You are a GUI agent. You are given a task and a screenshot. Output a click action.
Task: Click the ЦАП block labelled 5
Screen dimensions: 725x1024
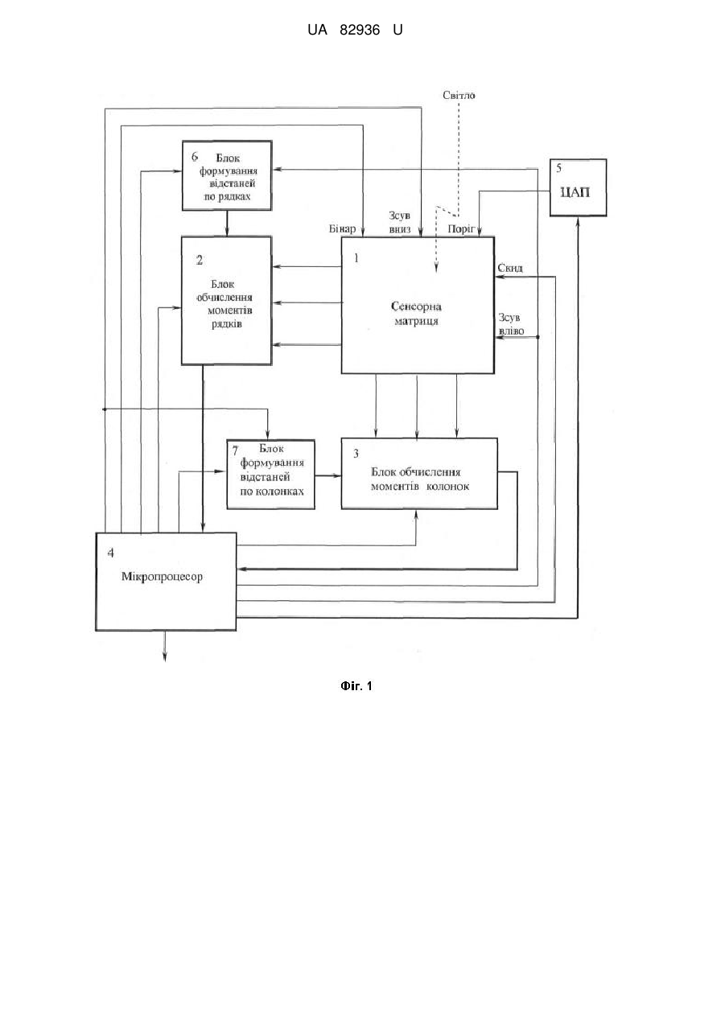pyautogui.click(x=578, y=187)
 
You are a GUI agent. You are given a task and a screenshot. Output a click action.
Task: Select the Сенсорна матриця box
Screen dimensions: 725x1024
pyautogui.click(x=418, y=305)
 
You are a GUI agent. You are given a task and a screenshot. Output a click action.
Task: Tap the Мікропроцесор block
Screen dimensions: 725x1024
pyautogui.click(x=166, y=582)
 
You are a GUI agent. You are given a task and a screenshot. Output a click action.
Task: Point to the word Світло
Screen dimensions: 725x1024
pyautogui.click(x=459, y=95)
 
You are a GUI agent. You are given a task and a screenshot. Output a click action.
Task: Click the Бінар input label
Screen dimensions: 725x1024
pyautogui.click(x=342, y=228)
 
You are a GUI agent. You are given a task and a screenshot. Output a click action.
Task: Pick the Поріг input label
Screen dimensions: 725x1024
pyautogui.click(x=461, y=228)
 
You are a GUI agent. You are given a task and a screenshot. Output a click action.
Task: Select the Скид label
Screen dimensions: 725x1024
pyautogui.click(x=509, y=268)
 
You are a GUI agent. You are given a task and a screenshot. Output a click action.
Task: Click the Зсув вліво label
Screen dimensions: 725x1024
pyautogui.click(x=510, y=324)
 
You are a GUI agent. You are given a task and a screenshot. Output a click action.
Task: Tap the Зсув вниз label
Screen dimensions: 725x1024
pyautogui.click(x=399, y=222)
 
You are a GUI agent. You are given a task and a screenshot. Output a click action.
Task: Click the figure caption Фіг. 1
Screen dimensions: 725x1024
pyautogui.click(x=356, y=685)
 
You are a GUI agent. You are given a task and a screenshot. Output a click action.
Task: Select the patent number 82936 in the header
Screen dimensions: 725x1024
pyautogui.click(x=360, y=30)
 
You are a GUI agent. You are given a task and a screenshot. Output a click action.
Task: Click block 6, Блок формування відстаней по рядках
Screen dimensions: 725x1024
pyautogui.click(x=227, y=175)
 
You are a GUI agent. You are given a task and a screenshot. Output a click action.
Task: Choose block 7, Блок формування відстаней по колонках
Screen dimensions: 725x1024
pyautogui.click(x=271, y=474)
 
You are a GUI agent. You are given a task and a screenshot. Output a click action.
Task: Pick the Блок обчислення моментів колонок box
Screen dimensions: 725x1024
pyautogui.click(x=419, y=473)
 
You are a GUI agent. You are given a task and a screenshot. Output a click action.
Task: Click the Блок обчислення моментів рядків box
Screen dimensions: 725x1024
pyautogui.click(x=226, y=300)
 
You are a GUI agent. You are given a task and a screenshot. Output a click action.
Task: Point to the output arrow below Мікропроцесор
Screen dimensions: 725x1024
pyautogui.click(x=165, y=647)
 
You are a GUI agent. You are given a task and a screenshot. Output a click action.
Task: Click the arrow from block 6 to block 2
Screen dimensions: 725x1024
pyautogui.click(x=227, y=224)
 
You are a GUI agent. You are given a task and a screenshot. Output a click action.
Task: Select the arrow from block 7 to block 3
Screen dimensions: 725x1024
pyautogui.click(x=328, y=476)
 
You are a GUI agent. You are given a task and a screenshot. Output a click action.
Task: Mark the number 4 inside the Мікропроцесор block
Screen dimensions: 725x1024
pyautogui.click(x=110, y=553)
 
